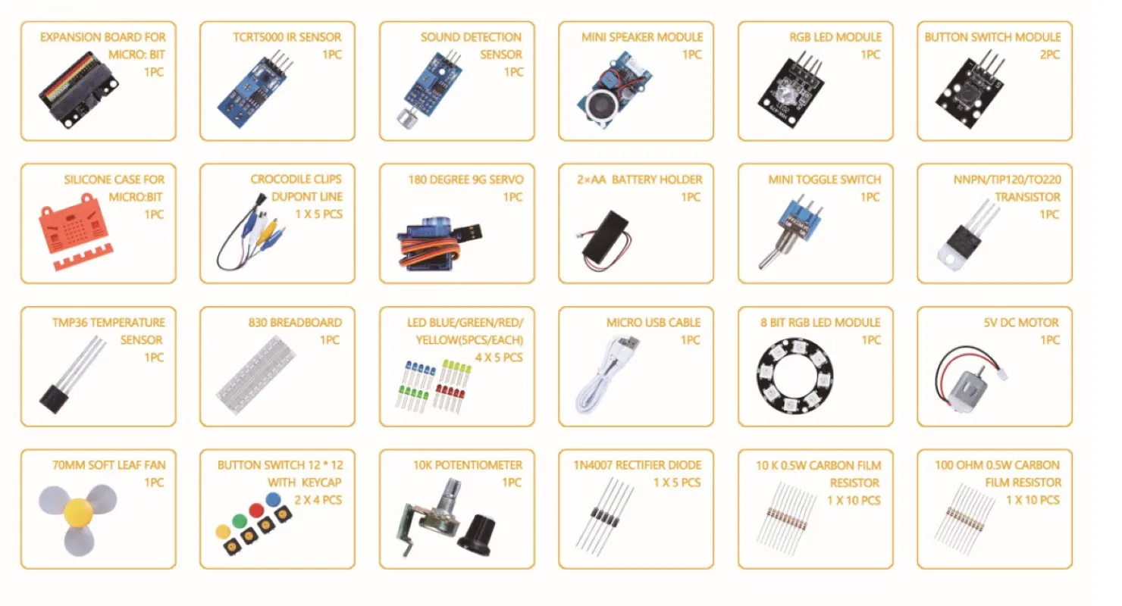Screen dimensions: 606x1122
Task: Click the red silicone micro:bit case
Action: coord(72,231)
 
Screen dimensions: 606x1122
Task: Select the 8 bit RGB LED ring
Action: coord(794,375)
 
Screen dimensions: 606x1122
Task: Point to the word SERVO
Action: coord(506,180)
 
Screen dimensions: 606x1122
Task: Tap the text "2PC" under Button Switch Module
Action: coord(1049,55)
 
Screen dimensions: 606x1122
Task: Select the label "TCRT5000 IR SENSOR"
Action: coord(287,36)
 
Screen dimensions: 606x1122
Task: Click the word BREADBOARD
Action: coord(306,322)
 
